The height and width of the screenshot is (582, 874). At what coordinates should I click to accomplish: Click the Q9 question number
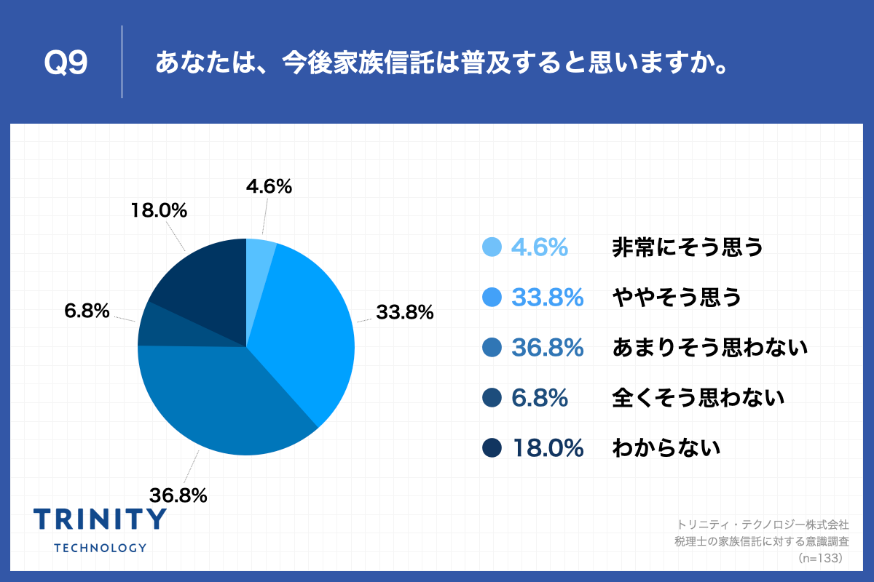[x=66, y=64]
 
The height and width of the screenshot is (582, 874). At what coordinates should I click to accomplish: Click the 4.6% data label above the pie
[x=269, y=187]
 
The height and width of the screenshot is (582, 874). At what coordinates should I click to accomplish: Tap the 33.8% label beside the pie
[x=404, y=313]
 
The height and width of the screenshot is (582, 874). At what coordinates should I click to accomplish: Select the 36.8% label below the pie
[x=178, y=495]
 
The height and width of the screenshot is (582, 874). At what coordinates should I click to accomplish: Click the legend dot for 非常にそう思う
[x=492, y=247]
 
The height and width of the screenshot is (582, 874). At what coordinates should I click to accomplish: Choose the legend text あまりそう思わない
[x=710, y=348]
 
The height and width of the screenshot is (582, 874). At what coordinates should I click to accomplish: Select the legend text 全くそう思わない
[x=698, y=398]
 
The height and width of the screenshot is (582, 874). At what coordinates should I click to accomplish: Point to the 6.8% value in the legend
[x=539, y=398]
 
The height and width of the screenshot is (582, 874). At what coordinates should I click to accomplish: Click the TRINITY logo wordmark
[x=100, y=519]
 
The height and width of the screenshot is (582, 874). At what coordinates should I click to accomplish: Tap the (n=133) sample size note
[x=820, y=558]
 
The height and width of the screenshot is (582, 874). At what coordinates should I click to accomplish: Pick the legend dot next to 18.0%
[x=492, y=448]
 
